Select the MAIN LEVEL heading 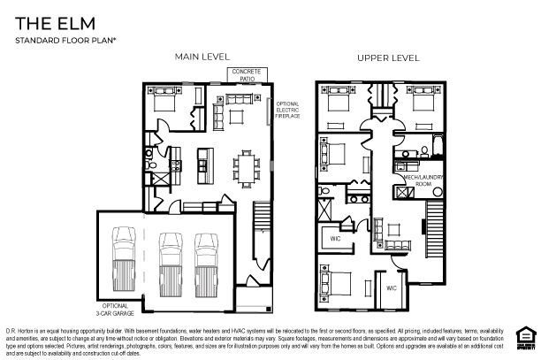(202, 57)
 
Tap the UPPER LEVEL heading (387, 58)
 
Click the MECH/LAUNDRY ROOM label (416, 180)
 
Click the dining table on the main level (246, 165)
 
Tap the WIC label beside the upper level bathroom (336, 238)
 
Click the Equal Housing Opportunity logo (526, 333)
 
